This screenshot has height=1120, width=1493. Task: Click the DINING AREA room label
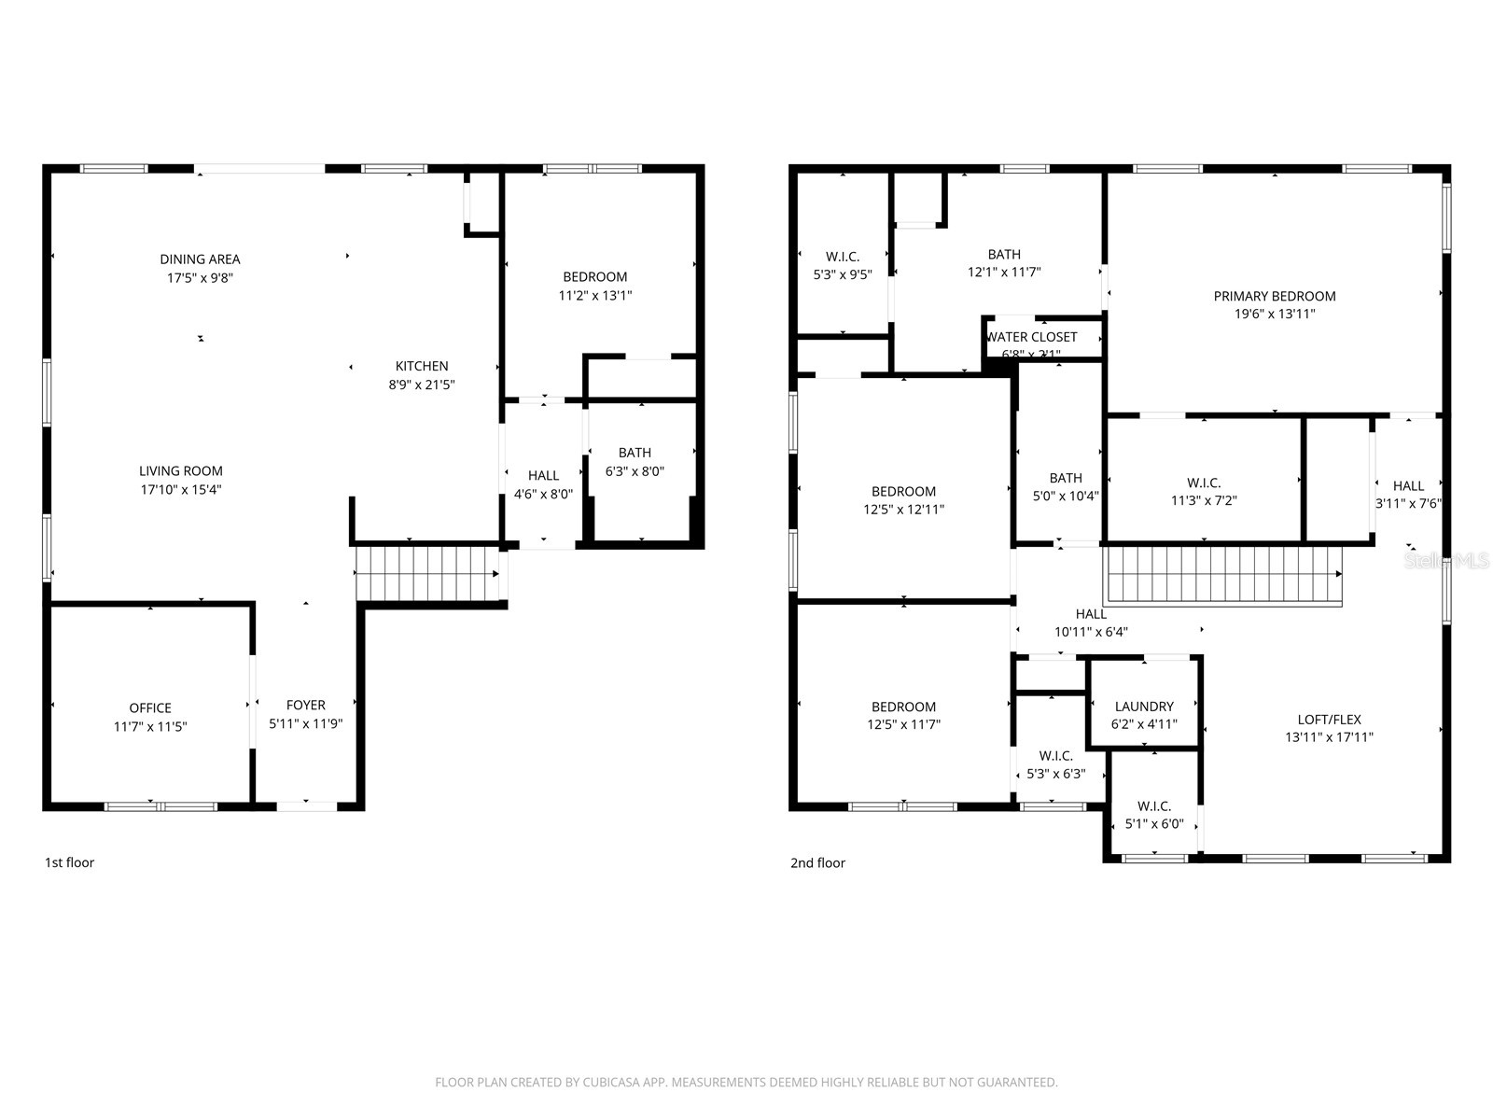pyautogui.click(x=200, y=259)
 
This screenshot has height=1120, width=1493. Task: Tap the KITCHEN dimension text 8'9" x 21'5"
pyautogui.click(x=422, y=385)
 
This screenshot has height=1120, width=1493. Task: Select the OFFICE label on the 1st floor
pyautogui.click(x=150, y=708)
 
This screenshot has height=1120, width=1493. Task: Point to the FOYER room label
pyautogui.click(x=306, y=706)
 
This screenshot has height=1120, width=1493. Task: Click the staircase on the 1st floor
pyautogui.click(x=427, y=574)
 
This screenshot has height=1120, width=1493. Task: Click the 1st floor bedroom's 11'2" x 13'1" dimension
pyautogui.click(x=595, y=295)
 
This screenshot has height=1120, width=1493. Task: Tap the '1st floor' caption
pyautogui.click(x=70, y=862)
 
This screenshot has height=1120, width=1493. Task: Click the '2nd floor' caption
pyautogui.click(x=817, y=862)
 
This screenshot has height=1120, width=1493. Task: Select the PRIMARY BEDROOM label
pyautogui.click(x=1275, y=296)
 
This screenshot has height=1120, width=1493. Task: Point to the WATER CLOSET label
pyautogui.click(x=1032, y=337)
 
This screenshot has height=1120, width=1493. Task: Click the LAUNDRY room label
pyautogui.click(x=1144, y=707)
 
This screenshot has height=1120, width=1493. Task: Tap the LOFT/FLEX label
pyautogui.click(x=1329, y=720)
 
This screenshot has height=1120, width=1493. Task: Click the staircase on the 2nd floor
pyautogui.click(x=1222, y=575)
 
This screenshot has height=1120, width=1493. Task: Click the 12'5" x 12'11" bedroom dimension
pyautogui.click(x=903, y=510)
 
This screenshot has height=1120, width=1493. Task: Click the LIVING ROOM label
pyautogui.click(x=181, y=471)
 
